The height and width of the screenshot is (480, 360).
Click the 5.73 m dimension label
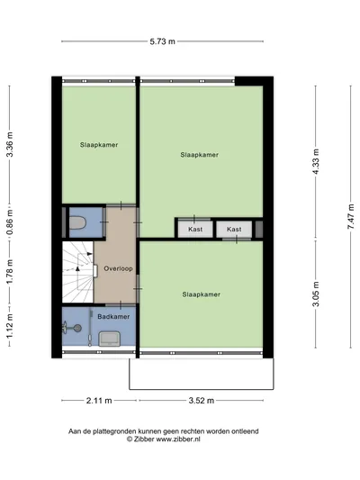pos(162,41)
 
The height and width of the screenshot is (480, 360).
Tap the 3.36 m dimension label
pos(10,144)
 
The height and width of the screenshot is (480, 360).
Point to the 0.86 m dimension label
pos(10,222)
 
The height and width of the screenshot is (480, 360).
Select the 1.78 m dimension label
pos(10,272)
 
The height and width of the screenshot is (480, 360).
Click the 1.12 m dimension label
pos(10,326)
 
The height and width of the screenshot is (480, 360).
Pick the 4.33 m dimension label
pos(316,161)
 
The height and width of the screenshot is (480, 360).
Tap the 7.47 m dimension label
pos(351,216)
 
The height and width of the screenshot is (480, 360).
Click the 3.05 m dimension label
pos(316,294)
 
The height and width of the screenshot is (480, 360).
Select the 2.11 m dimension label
pos(99,401)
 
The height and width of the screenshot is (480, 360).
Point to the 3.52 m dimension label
pos(202,401)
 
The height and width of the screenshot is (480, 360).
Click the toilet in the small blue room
pos(77,222)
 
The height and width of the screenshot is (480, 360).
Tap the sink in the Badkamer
pos(109,339)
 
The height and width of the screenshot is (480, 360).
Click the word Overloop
pos(118,268)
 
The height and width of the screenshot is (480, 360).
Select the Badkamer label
pos(113,316)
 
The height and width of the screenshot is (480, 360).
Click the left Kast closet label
pos(195,229)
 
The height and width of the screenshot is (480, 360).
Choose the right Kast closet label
pos(234,229)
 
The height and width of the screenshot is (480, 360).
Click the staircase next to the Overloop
pos(78,272)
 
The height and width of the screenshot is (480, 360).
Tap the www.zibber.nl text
pos(178,439)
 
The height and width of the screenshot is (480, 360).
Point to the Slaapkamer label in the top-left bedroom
pos(99,145)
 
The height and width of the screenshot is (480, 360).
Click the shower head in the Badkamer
pos(78,328)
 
